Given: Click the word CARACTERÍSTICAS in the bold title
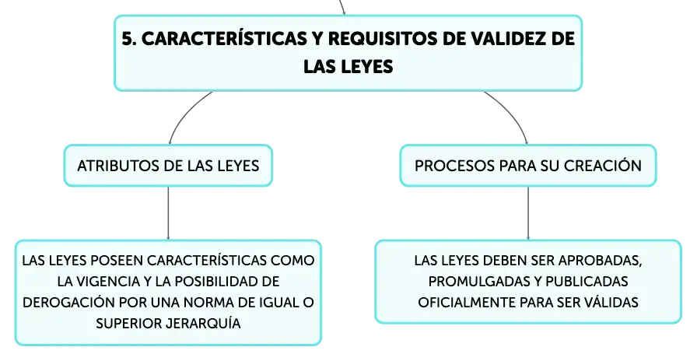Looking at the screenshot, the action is point(224,39).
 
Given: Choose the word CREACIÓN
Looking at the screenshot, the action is point(602,166).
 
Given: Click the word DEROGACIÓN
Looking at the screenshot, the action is point(69,302).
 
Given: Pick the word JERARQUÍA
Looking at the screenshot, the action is point(203,323).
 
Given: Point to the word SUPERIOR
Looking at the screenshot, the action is point(128,323).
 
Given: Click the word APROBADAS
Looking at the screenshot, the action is point(600,261).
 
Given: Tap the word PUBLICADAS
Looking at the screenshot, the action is point(587,282).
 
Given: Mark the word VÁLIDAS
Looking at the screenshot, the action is point(611,302).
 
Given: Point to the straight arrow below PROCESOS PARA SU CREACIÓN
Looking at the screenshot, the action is point(528,213).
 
